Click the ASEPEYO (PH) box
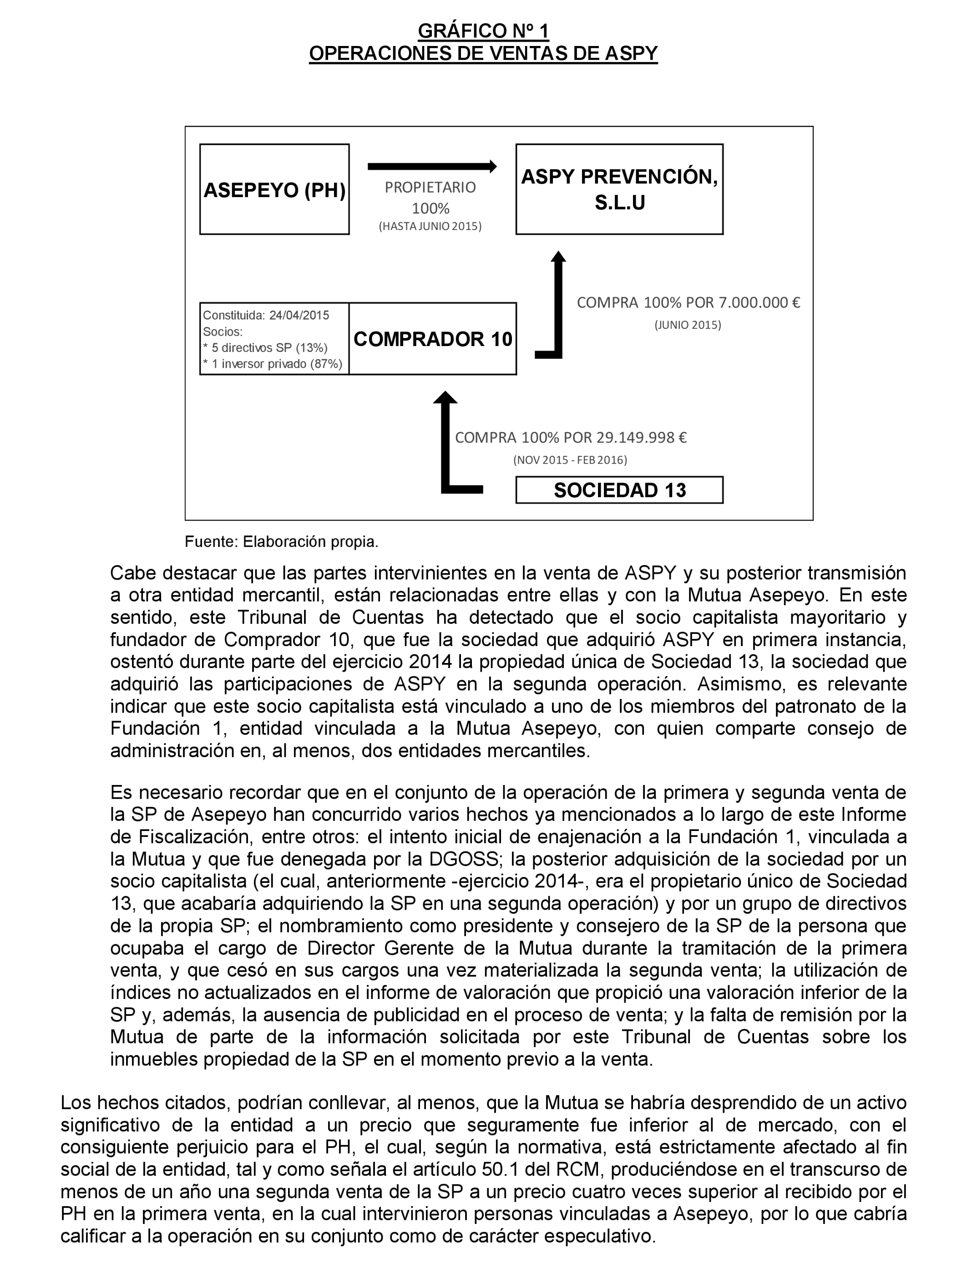274,189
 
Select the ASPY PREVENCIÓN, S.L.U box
619,189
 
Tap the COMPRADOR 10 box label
432,339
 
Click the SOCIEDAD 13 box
619,490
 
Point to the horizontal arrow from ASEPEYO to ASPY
432,166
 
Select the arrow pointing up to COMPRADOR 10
445,443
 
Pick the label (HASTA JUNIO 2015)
430,226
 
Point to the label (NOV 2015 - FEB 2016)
570,460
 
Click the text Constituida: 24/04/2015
266,316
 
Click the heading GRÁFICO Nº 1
483,31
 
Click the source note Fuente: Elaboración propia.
282,542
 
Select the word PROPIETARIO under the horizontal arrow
430,188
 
